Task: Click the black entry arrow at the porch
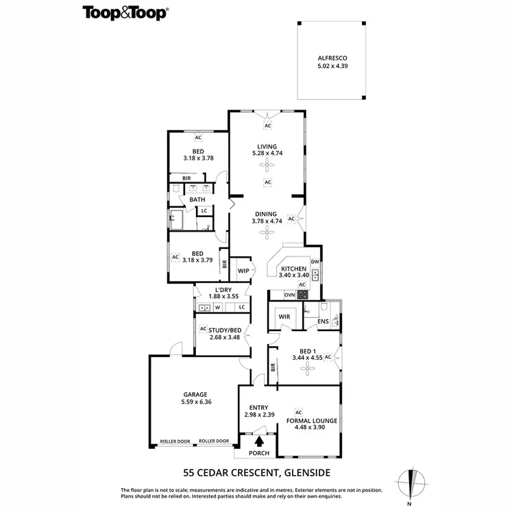click(259, 441)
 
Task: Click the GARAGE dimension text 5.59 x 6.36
click(197, 402)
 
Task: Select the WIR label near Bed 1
click(284, 317)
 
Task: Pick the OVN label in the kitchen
click(289, 295)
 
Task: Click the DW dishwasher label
click(315, 262)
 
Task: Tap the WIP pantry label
click(243, 271)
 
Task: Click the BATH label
click(197, 199)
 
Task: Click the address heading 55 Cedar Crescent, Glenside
click(257, 472)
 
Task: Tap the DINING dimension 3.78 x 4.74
click(267, 221)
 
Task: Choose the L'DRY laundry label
click(222, 290)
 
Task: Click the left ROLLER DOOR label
click(175, 441)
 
